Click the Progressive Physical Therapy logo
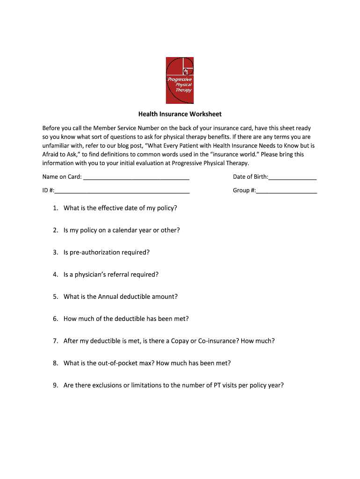click(180, 80)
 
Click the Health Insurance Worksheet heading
click(180, 114)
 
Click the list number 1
click(55, 208)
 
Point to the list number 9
click(55, 385)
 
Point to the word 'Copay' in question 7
click(180, 341)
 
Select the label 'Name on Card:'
click(62, 177)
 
